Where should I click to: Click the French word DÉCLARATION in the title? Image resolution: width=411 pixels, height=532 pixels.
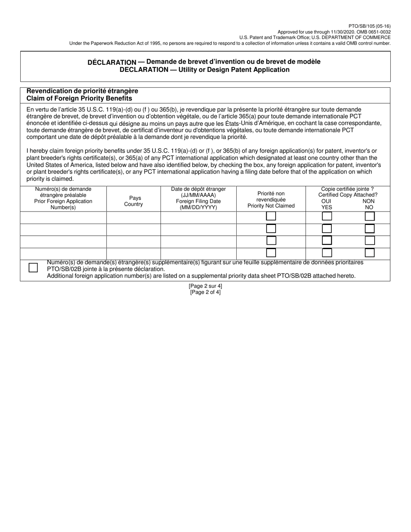click(x=112, y=62)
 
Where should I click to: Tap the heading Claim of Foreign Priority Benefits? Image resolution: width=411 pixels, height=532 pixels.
click(x=79, y=98)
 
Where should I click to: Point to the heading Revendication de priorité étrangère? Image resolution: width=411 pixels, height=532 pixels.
click(x=82, y=91)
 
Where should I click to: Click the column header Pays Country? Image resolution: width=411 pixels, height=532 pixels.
click(x=133, y=201)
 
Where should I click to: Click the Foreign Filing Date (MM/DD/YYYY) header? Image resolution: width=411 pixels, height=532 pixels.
click(x=198, y=201)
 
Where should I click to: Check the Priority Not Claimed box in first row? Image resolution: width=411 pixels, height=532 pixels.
click(x=271, y=216)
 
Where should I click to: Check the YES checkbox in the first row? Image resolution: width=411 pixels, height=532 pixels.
click(x=327, y=216)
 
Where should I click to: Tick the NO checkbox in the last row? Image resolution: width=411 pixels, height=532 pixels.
click(x=369, y=253)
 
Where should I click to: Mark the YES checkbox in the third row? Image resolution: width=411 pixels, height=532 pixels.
click(x=327, y=240)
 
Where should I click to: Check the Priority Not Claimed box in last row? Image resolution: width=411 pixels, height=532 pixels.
click(x=271, y=253)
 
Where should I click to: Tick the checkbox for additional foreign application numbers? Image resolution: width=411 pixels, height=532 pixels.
click(x=33, y=268)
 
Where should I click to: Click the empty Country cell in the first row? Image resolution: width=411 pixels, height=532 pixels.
click(x=133, y=218)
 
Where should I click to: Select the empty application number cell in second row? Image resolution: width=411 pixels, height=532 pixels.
click(x=63, y=230)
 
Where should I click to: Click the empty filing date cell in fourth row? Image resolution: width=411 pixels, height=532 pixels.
click(x=198, y=253)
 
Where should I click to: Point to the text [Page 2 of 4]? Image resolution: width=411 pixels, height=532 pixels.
click(x=205, y=292)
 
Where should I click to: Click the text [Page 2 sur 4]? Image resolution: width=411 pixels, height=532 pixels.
click(x=205, y=286)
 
